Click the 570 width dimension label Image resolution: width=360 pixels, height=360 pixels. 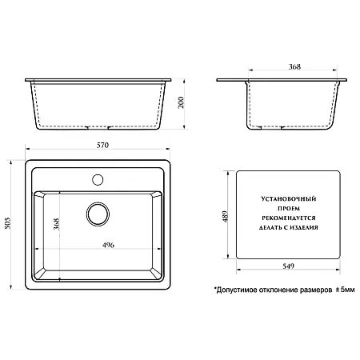point(102,145)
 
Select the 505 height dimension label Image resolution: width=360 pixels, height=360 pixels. point(8,223)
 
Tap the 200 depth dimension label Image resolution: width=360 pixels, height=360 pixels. point(181,102)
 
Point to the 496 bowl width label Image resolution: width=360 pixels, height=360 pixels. point(108,245)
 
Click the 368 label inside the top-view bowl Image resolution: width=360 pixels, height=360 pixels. point(56,224)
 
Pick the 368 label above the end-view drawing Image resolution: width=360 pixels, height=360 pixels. point(294,66)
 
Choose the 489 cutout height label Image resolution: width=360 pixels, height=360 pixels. point(226,217)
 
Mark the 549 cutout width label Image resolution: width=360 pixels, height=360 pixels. point(288,266)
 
